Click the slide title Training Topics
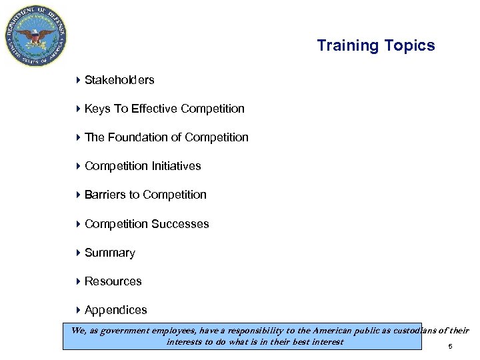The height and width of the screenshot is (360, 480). (x=375, y=45)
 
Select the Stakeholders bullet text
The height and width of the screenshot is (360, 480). (x=119, y=80)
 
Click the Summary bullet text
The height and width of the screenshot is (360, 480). (x=110, y=253)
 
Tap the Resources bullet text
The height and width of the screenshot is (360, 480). (x=113, y=281)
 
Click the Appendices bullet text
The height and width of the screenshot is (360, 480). (x=116, y=310)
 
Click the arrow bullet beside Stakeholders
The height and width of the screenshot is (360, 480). (x=78, y=80)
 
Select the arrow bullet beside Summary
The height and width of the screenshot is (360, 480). (x=78, y=253)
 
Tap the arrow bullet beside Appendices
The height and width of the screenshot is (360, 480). (x=78, y=310)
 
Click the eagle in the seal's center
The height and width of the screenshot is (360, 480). (x=36, y=35)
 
